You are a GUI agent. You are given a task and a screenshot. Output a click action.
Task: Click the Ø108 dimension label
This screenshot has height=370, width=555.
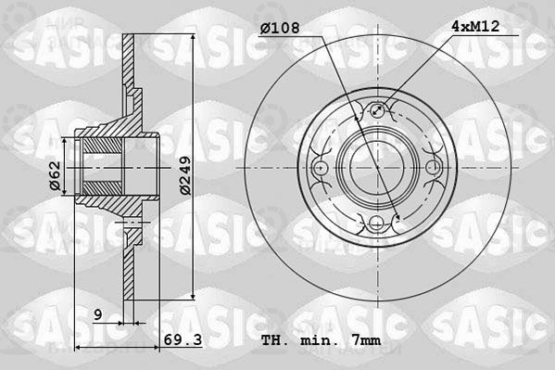pos(280,28)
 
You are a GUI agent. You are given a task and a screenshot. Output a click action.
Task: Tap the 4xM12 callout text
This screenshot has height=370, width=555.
pos(475,26)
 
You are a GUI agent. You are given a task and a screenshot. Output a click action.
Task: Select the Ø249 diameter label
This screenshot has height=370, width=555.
pos(185,175)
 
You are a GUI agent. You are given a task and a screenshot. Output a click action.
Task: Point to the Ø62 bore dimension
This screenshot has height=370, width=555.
pos(56,176)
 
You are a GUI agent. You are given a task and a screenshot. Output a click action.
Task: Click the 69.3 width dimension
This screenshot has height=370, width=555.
pos(183,340)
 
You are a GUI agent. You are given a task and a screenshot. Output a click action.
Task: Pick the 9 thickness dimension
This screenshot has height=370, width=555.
pos(98,314)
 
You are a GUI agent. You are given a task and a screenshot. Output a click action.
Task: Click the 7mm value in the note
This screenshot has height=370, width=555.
pos(366,341)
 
